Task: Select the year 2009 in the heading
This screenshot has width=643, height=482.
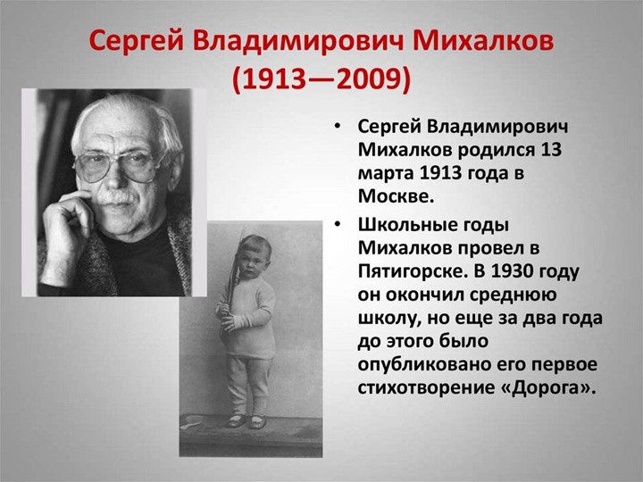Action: click(x=368, y=80)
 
